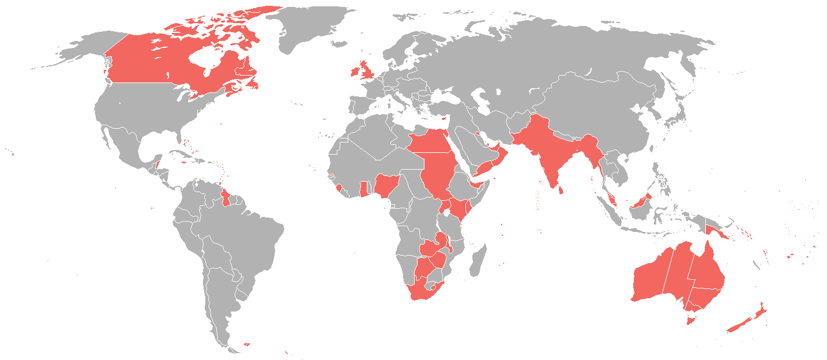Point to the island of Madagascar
[478, 260]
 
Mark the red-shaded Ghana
[364, 189]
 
